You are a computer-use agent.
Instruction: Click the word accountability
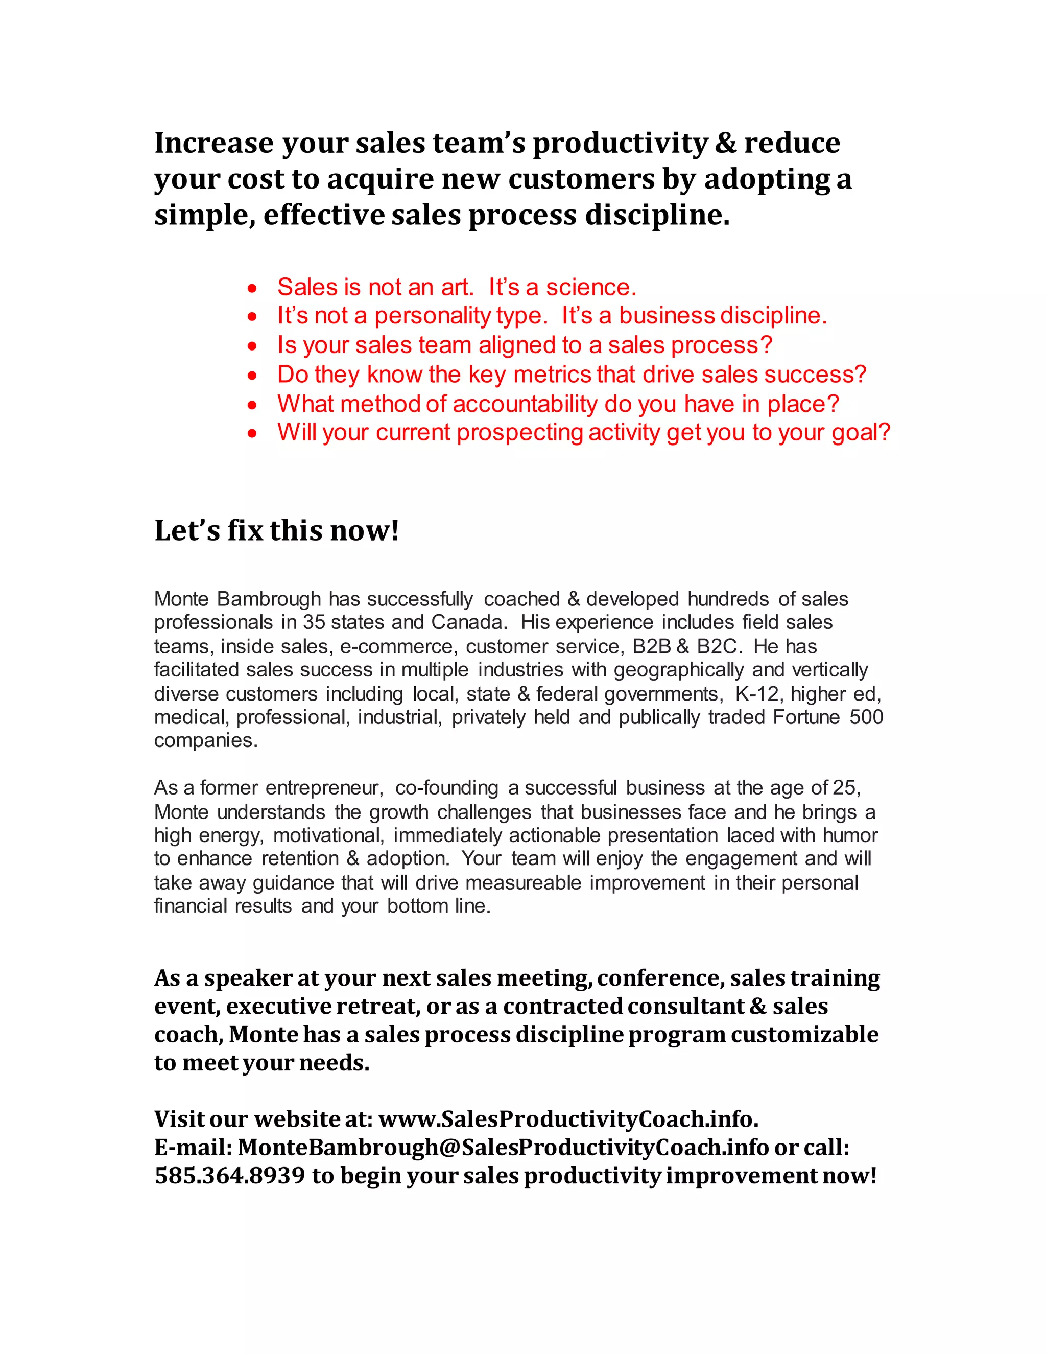[x=525, y=404]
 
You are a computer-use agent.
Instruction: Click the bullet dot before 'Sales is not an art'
[x=252, y=288]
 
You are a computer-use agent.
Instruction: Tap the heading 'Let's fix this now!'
[x=276, y=531]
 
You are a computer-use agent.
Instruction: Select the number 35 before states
[x=314, y=622]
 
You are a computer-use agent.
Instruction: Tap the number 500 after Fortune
[x=866, y=717]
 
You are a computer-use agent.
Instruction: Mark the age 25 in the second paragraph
[x=844, y=787]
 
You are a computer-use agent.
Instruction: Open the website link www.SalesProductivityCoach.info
[x=567, y=1119]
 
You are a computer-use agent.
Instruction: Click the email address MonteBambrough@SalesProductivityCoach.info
[x=503, y=1148]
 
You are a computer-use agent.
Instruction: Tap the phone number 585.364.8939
[x=230, y=1176]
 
